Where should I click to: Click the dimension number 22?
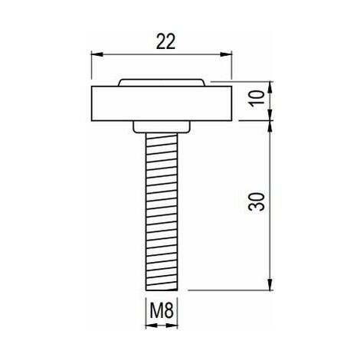tap(165, 41)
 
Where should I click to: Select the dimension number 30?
tap(257, 201)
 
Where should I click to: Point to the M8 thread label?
tap(162, 310)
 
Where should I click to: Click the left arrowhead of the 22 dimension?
tap(97, 54)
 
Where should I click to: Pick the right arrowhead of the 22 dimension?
tap(226, 54)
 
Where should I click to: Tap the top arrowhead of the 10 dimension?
tap(270, 87)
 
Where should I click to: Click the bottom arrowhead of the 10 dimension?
tap(270, 115)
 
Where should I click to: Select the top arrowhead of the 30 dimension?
tap(270, 126)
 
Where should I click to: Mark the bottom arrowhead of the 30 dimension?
tap(270, 284)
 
